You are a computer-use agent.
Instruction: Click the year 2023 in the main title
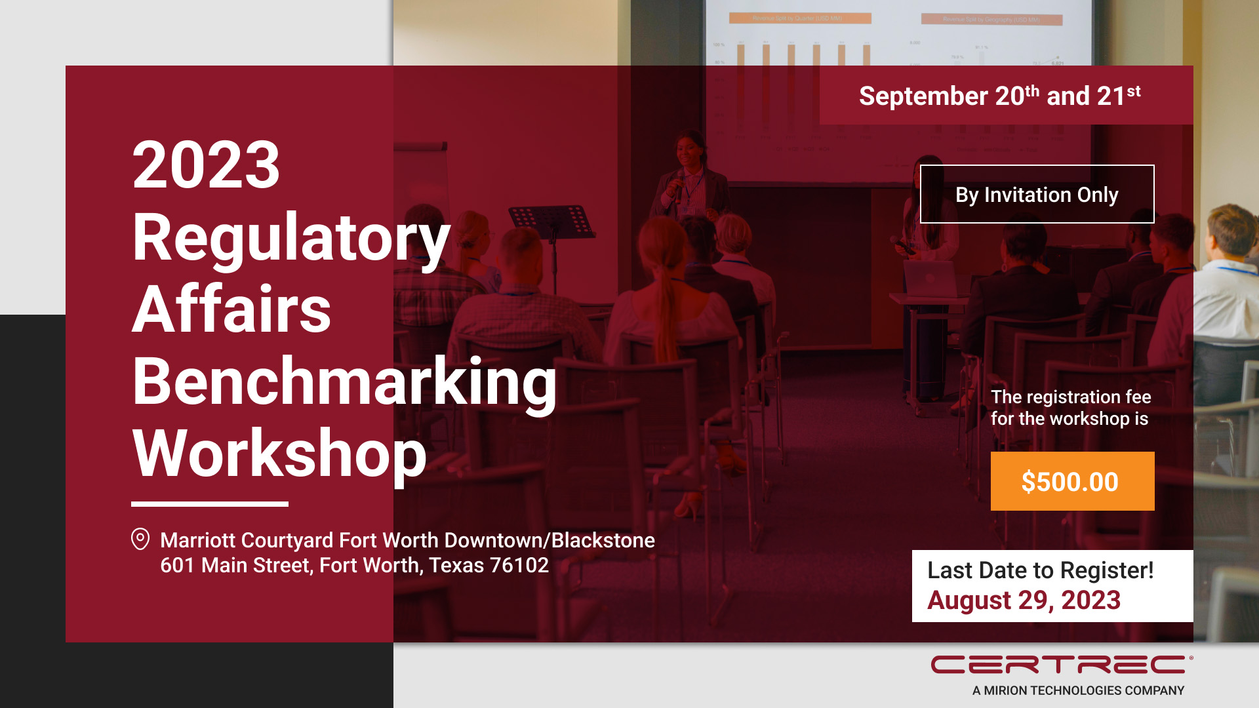coord(207,165)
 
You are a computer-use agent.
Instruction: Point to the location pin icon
coord(140,539)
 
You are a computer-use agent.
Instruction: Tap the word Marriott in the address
coord(198,540)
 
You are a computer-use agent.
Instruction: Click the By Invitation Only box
coord(1037,194)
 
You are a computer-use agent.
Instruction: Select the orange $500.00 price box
coord(1072,481)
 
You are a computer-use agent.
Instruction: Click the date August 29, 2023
coord(1024,600)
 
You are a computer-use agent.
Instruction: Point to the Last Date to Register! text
coord(1040,570)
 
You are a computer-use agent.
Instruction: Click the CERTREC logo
coord(1062,665)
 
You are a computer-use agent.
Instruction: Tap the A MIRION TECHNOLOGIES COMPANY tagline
coord(1078,690)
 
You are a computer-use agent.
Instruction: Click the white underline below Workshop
coord(210,504)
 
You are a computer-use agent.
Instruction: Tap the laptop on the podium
coord(930,278)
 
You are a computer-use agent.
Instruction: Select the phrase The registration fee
coord(1071,397)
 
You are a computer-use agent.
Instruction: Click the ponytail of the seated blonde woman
coord(665,308)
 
